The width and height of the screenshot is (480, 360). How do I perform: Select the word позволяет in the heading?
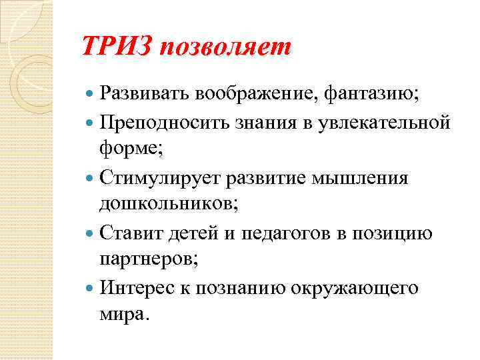coord(225,47)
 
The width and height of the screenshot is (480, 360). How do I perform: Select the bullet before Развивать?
coord(91,94)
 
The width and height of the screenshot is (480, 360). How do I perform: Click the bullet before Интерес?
coord(91,289)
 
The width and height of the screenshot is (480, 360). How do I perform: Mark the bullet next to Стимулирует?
coord(91,179)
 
